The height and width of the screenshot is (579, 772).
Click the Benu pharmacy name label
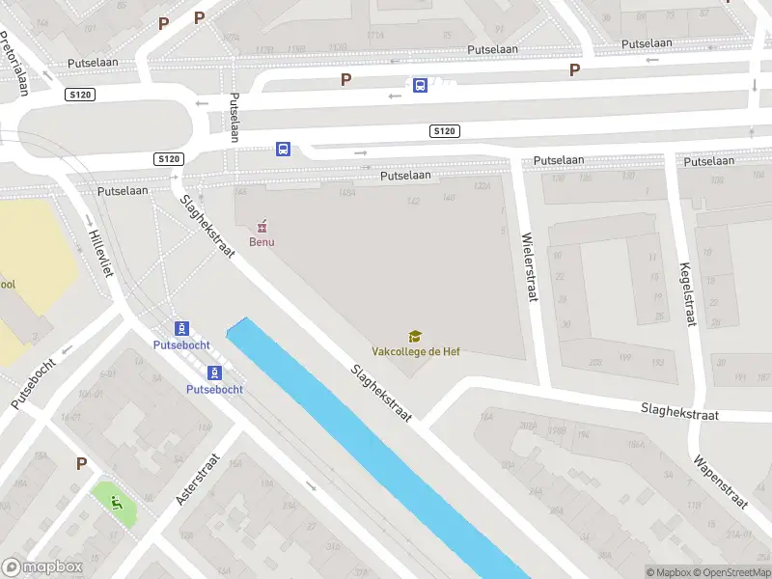pos(262,242)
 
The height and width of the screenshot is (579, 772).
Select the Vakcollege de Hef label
pos(416,351)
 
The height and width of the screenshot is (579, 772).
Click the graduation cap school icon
pos(415,336)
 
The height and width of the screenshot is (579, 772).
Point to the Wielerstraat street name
pos(528,267)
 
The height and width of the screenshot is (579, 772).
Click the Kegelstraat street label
pos(688,294)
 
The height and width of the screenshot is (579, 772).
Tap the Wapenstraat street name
pos(720,477)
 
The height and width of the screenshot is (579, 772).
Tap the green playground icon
pos(116,501)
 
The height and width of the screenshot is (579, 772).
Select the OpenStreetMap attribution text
pos(731,572)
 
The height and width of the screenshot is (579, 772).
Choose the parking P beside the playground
pos(81,463)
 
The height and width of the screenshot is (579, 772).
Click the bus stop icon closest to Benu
pos(283,149)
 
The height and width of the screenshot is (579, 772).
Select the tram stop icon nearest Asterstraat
pos(214,372)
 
